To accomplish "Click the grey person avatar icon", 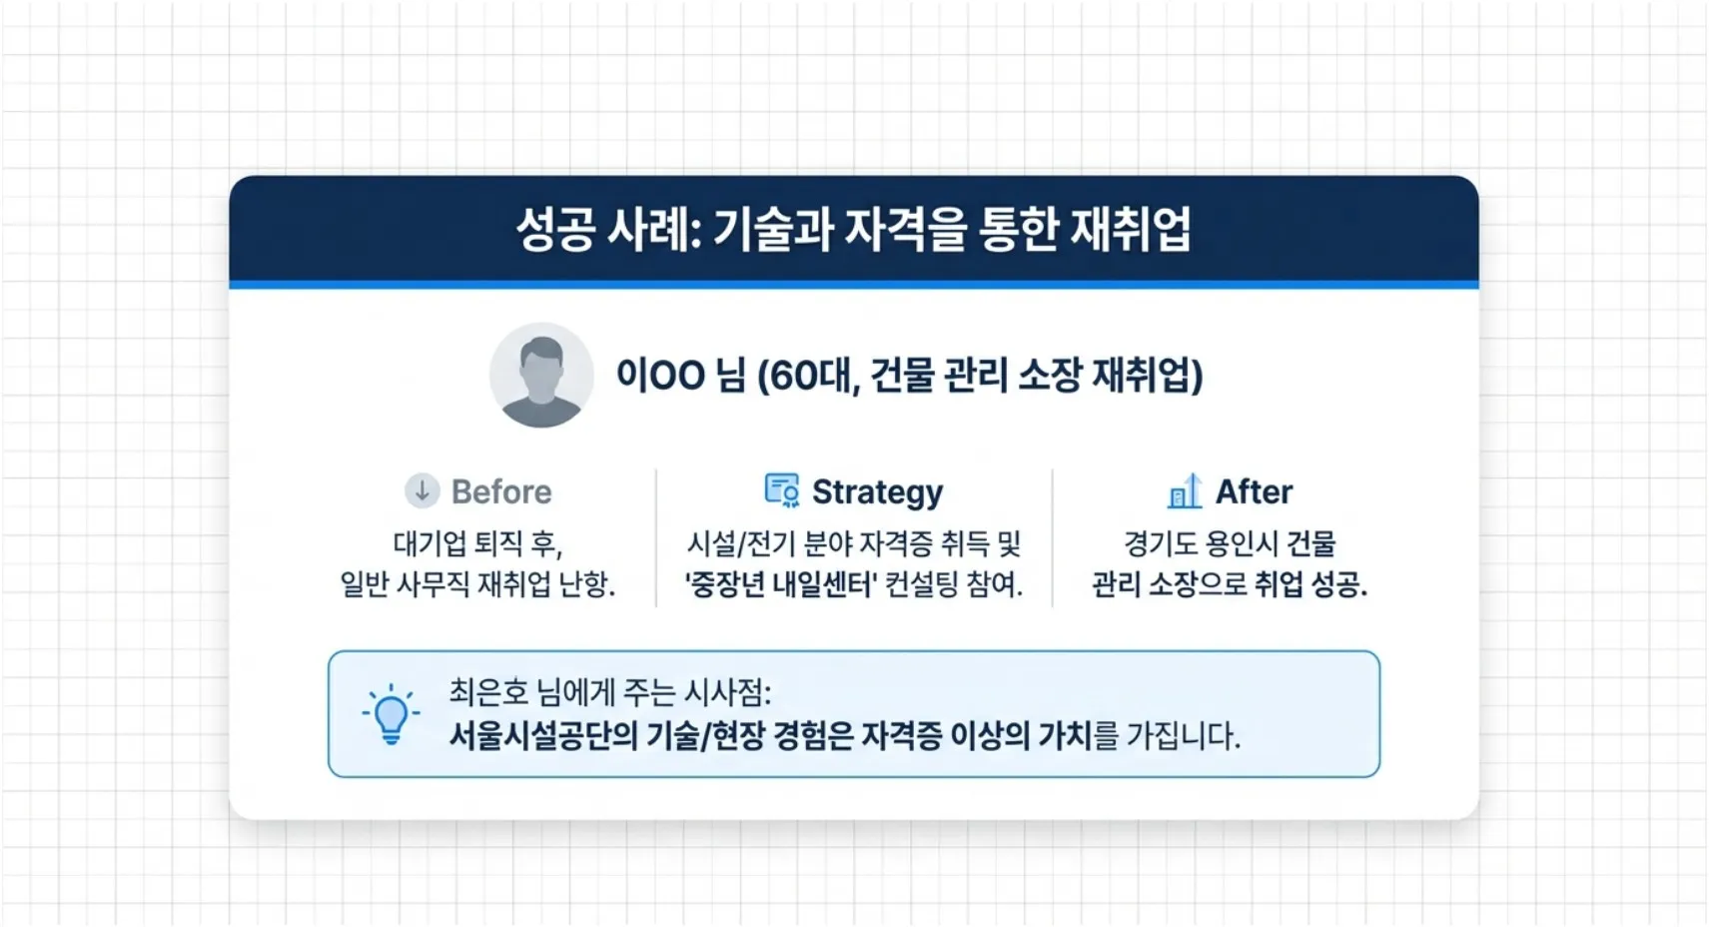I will pyautogui.click(x=541, y=376).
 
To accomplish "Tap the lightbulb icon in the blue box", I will pyautogui.click(x=391, y=714).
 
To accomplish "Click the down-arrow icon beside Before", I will pyautogui.click(x=422, y=490).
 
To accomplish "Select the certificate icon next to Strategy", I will pyautogui.click(x=781, y=490).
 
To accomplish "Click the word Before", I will pyautogui.click(x=501, y=491).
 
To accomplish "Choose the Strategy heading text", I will pyautogui.click(x=877, y=491).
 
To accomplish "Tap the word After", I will pyautogui.click(x=1254, y=491).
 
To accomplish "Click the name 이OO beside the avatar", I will pyautogui.click(x=660, y=376).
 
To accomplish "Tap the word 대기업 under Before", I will pyautogui.click(x=429, y=543).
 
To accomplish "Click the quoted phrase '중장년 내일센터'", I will pyautogui.click(x=781, y=584).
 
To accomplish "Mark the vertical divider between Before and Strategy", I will pyautogui.click(x=656, y=537).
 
